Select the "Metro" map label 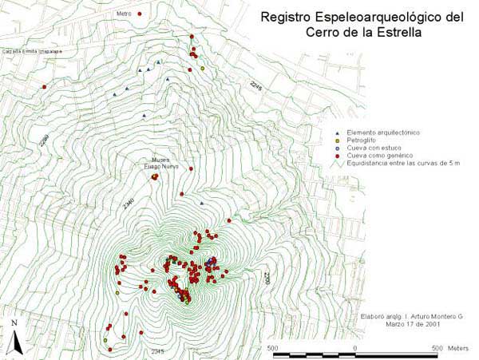[x=123, y=14]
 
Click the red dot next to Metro [x=139, y=14]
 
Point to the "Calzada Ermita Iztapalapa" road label [x=31, y=50]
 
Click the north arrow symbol [x=15, y=338]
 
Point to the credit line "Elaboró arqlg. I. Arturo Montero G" [x=410, y=318]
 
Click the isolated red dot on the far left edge [x=45, y=86]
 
